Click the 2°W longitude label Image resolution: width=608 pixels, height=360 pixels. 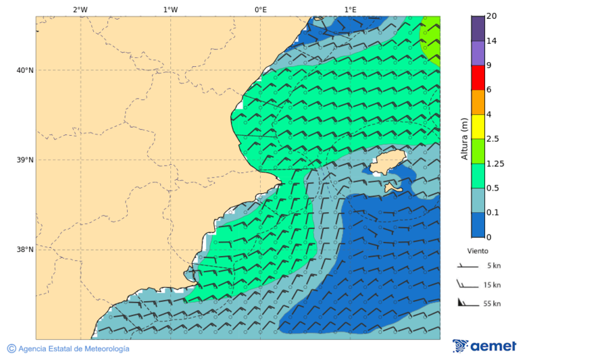pos(80,9)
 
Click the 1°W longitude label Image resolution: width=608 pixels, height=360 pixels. pos(170,9)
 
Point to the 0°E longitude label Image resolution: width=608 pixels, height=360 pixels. pos(260,9)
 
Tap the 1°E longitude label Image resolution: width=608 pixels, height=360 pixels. pos(350,9)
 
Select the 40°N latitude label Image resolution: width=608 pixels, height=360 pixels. pos(25,70)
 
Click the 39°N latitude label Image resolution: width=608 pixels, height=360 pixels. pos(25,160)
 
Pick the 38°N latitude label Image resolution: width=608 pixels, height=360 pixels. pos(25,250)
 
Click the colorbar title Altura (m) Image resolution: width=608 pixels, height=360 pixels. pos(464,138)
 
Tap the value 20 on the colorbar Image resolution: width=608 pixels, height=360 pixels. pos(492,16)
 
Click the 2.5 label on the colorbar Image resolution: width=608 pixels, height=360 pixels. pos(492,139)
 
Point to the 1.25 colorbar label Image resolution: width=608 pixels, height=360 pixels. pos(495,163)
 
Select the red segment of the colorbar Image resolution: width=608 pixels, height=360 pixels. pos(478,78)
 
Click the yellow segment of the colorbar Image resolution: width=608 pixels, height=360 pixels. pos(478,126)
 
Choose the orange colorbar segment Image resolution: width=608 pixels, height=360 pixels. pos(478,102)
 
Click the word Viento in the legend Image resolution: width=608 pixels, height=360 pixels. pos(478,251)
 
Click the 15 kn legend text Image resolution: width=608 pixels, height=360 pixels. pos(492,285)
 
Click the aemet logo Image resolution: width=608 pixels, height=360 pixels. pos(484,346)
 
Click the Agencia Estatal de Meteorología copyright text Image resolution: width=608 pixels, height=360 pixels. pos(68,349)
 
